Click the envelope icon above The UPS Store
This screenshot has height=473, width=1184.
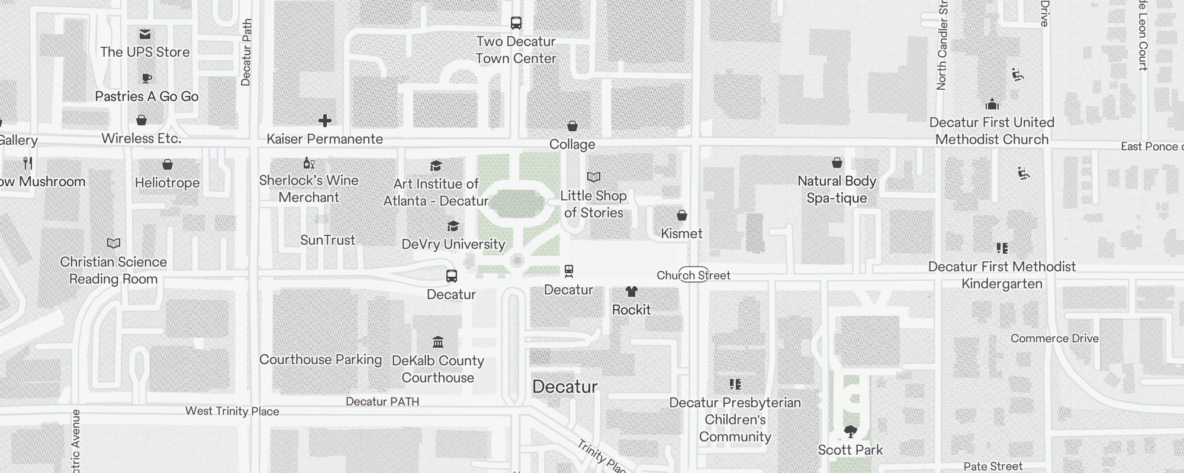tap(145, 34)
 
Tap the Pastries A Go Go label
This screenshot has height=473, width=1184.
tap(147, 96)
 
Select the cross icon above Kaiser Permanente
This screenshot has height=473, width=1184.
tap(325, 121)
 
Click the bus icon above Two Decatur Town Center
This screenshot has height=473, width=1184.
tap(516, 23)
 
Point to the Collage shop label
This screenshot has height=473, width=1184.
tap(572, 144)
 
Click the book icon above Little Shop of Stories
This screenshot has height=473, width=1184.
tap(594, 177)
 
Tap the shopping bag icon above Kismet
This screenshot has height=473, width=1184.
tap(682, 215)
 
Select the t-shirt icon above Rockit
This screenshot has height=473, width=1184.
tap(632, 291)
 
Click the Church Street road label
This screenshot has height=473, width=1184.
tap(693, 275)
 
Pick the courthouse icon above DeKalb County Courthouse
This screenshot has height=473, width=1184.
tap(438, 342)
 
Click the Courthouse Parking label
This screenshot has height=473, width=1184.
tap(320, 359)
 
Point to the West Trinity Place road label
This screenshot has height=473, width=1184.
tap(232, 411)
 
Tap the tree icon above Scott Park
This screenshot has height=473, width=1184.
tap(850, 432)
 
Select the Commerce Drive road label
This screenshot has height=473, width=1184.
tap(1054, 338)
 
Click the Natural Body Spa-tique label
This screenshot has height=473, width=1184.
tap(836, 189)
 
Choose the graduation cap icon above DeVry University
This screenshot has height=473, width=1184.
tap(453, 226)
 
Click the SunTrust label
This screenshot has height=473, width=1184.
tap(327, 240)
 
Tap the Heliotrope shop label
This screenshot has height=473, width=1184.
tap(167, 183)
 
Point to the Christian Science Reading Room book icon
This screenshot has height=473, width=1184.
tap(114, 243)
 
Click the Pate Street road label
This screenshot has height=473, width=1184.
tap(993, 466)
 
